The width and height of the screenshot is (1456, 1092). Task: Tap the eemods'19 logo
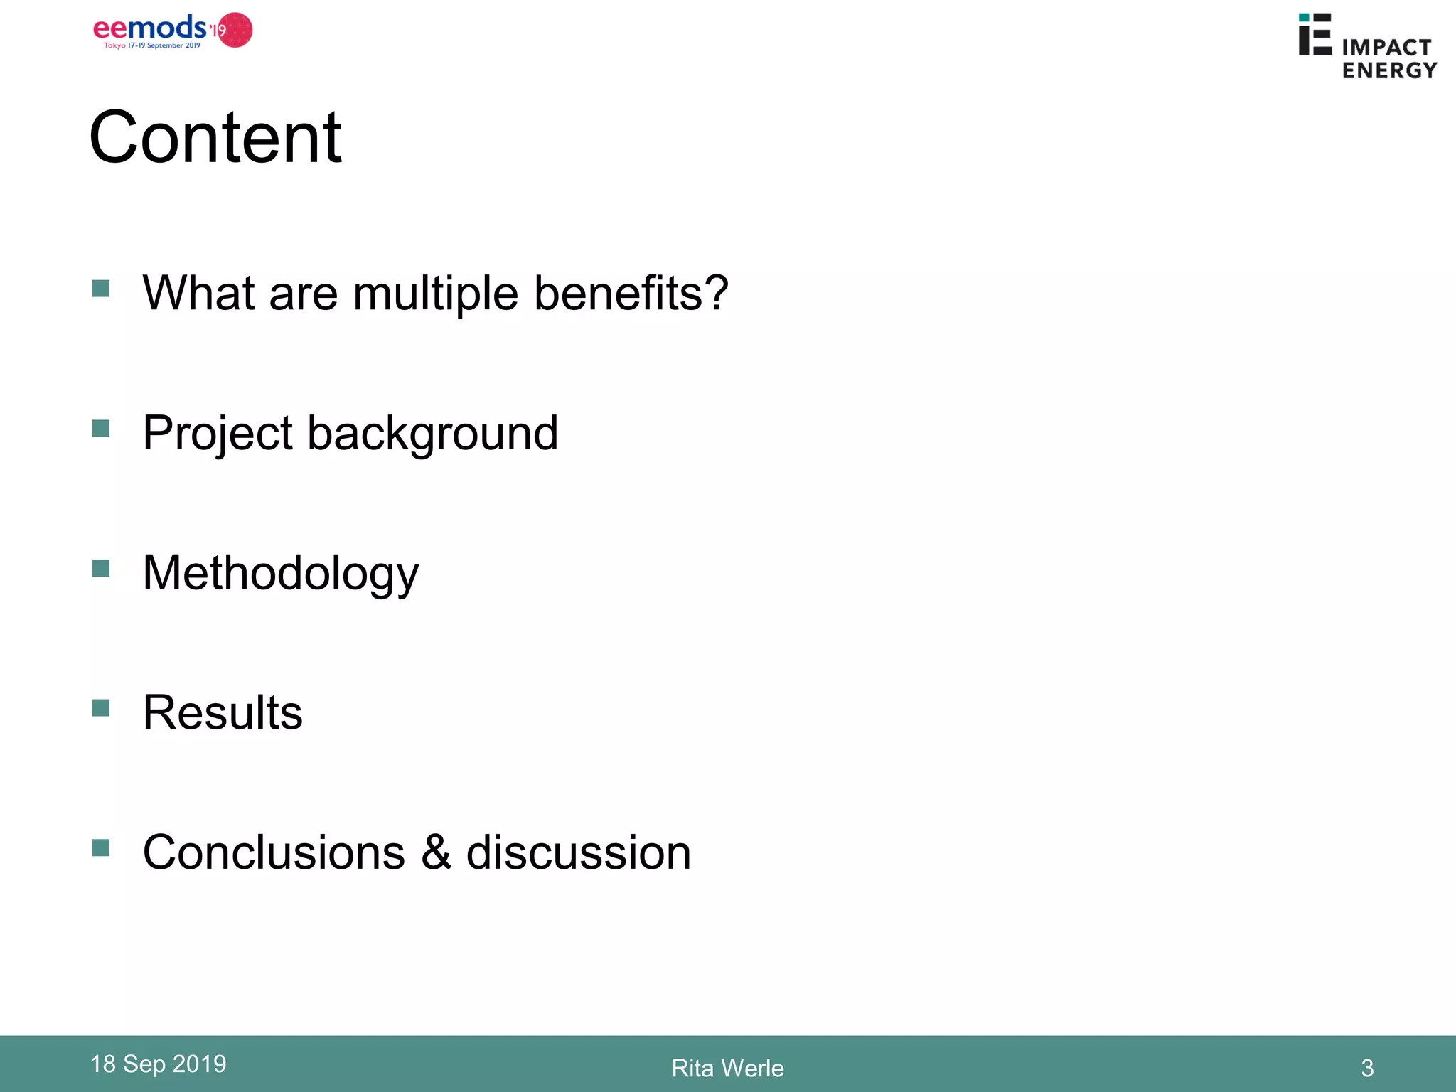(173, 31)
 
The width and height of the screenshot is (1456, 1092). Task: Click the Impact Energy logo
(1367, 46)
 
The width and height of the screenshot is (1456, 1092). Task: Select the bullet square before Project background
(101, 429)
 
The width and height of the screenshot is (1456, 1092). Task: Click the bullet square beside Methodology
(101, 569)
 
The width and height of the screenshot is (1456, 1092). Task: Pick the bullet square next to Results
(101, 708)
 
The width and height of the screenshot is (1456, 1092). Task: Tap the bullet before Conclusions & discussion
(101, 848)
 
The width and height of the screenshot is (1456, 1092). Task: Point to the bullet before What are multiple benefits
(101, 289)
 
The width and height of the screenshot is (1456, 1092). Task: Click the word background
(432, 434)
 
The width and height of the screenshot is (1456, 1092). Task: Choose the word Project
(218, 434)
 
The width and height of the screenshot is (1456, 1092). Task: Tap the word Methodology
(281, 574)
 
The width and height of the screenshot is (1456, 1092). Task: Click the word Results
(223, 712)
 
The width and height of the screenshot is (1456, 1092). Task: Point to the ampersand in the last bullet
(436, 852)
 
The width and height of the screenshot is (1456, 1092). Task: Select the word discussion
(578, 852)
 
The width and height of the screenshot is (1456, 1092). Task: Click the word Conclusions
(274, 852)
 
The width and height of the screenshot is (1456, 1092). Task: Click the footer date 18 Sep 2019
(158, 1064)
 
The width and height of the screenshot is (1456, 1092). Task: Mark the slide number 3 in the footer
(1367, 1068)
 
